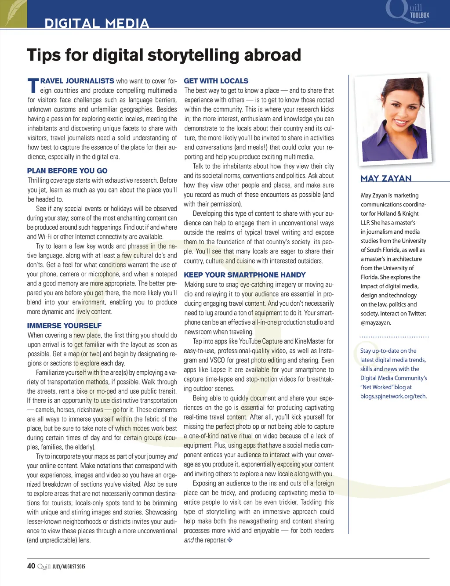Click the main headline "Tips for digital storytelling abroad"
(x=164, y=55)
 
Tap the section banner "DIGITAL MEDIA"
(x=97, y=23)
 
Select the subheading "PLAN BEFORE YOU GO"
(x=67, y=171)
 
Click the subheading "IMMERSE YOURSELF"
(x=64, y=326)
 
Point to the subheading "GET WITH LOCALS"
(x=216, y=81)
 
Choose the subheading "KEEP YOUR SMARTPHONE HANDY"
(x=244, y=275)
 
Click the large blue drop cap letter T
(x=33, y=86)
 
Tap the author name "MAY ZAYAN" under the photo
(x=386, y=178)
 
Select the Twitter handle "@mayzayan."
(x=376, y=323)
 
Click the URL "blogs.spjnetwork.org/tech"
(x=393, y=396)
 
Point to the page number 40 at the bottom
(x=31, y=566)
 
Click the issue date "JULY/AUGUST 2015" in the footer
(x=69, y=567)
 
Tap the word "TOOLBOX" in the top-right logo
(x=419, y=15)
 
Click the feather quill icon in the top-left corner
(x=13, y=13)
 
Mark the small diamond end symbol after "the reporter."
(x=230, y=540)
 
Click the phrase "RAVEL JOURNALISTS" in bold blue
(x=77, y=81)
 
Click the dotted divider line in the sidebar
(x=394, y=337)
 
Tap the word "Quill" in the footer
(x=44, y=566)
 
